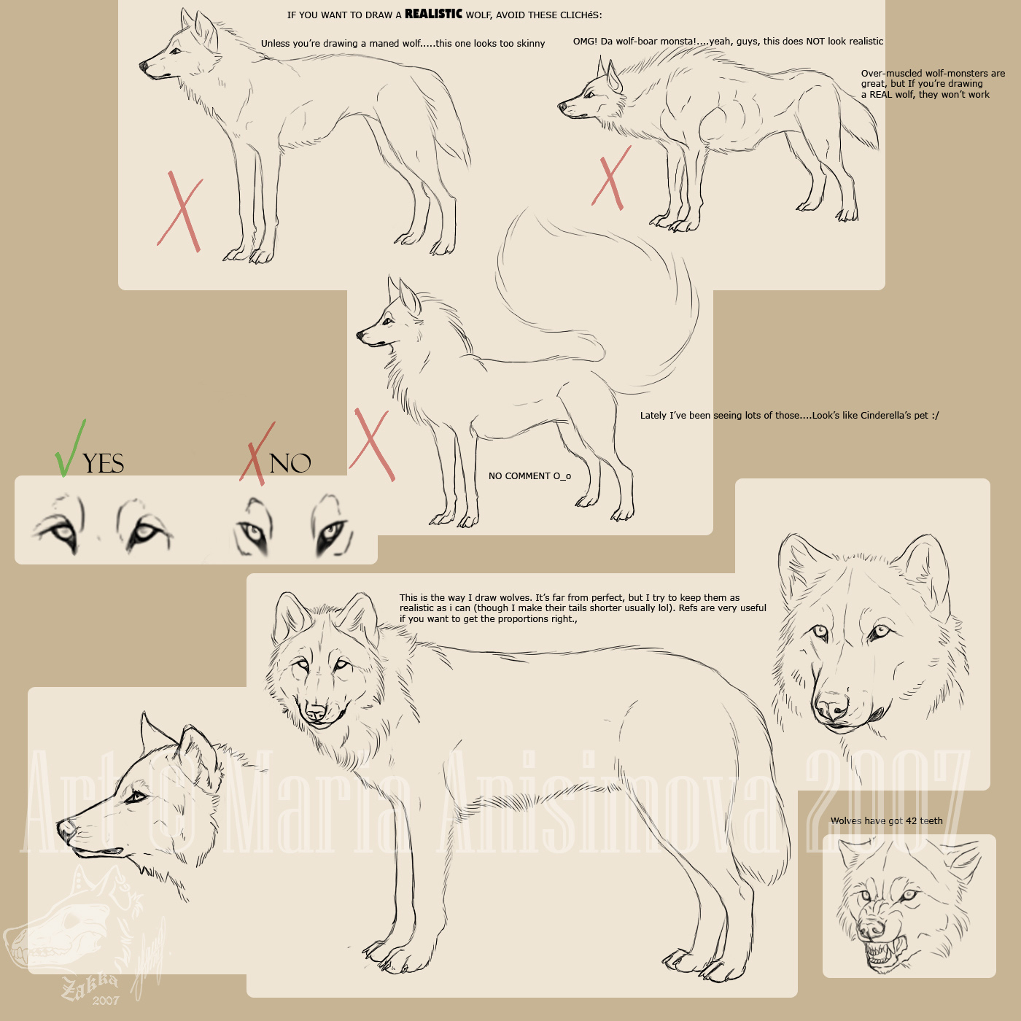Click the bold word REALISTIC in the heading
[433, 14]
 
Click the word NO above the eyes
[290, 464]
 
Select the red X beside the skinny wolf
[179, 211]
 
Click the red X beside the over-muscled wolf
[611, 178]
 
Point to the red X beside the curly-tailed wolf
[372, 445]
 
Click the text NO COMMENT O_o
[529, 476]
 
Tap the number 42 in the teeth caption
[911, 821]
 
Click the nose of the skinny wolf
[144, 66]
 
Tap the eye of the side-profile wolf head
[135, 797]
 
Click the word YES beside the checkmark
[103, 464]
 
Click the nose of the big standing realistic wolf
[316, 710]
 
